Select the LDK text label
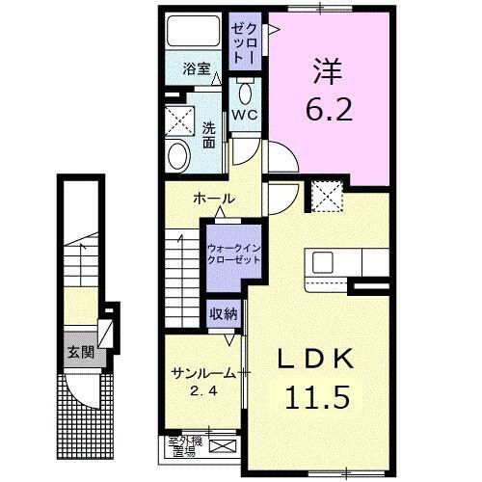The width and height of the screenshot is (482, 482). tap(316, 361)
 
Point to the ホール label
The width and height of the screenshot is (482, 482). tap(214, 199)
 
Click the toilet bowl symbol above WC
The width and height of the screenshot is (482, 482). tap(244, 94)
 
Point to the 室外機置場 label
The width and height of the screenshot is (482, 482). tap(182, 445)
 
